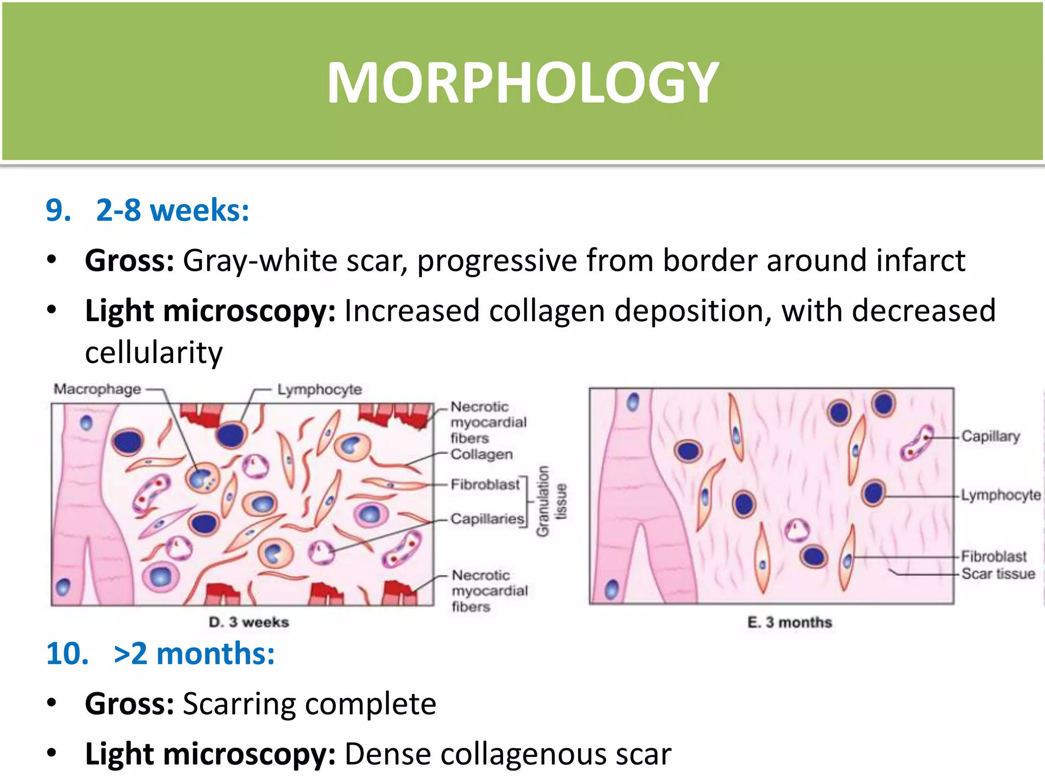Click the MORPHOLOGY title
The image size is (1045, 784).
click(522, 83)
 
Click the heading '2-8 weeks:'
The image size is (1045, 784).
click(172, 210)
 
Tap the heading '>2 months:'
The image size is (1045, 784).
click(194, 653)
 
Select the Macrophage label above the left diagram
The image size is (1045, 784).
click(97, 389)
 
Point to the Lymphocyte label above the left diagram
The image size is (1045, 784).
click(319, 389)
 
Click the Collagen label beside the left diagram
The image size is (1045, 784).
click(481, 454)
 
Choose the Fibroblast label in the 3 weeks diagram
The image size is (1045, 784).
click(485, 484)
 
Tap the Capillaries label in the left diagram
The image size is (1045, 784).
click(487, 519)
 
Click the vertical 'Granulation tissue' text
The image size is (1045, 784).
click(551, 501)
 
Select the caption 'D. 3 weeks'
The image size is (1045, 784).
click(249, 622)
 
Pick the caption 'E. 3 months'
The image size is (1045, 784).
click(789, 622)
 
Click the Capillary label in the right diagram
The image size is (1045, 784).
click(990, 436)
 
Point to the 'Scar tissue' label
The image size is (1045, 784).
click(998, 574)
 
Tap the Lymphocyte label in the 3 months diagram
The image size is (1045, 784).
click(1001, 495)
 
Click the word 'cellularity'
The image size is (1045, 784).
click(154, 353)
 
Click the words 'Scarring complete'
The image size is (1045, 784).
click(309, 704)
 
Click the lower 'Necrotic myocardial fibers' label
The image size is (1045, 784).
click(489, 591)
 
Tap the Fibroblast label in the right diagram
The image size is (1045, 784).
click(993, 556)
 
